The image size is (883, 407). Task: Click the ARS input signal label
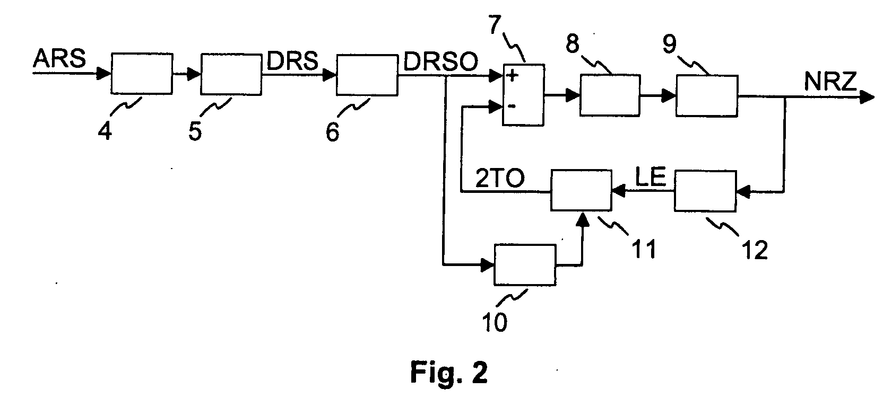(59, 59)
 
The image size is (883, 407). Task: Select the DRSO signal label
(441, 62)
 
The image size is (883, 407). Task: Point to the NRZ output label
(830, 82)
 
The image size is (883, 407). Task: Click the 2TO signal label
(500, 178)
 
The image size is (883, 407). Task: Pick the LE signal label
(651, 176)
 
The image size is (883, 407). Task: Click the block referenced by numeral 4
(142, 74)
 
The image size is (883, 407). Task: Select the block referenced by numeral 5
(231, 74)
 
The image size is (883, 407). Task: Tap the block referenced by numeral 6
(367, 75)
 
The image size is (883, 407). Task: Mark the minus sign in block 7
(512, 107)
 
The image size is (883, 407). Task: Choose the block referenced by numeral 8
(610, 95)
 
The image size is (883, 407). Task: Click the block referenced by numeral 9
(707, 95)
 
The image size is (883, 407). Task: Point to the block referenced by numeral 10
(525, 265)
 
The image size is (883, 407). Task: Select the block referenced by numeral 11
(581, 190)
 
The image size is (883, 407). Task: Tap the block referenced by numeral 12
(705, 191)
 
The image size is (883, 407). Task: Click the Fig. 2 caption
(449, 372)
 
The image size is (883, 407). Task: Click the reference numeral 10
(495, 322)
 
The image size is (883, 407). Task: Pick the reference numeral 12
(755, 250)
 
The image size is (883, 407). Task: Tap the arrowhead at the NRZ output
(867, 97)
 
